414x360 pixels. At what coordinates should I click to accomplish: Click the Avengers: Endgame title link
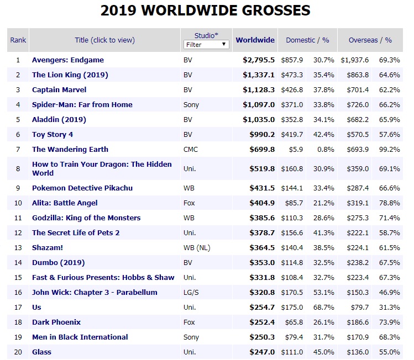tap(67, 60)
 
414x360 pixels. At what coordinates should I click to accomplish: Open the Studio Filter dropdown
tap(206, 44)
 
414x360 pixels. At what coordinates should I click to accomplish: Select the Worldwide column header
tap(255, 40)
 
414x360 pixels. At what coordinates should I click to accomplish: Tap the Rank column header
tap(18, 40)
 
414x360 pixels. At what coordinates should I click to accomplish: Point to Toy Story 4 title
tap(53, 134)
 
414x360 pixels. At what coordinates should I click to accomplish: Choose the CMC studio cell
tap(190, 149)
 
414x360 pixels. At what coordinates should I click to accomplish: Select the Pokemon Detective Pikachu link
tap(82, 188)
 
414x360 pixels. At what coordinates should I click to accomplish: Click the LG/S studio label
tap(191, 292)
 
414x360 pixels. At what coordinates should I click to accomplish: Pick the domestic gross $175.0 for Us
tap(292, 307)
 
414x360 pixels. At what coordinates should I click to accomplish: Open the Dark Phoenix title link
tap(56, 322)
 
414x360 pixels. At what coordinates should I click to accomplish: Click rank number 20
tap(18, 352)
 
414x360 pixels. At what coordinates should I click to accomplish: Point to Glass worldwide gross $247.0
tap(259, 352)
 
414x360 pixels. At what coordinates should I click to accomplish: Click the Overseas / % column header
tap(370, 40)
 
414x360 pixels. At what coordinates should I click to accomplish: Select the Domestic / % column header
tap(307, 40)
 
